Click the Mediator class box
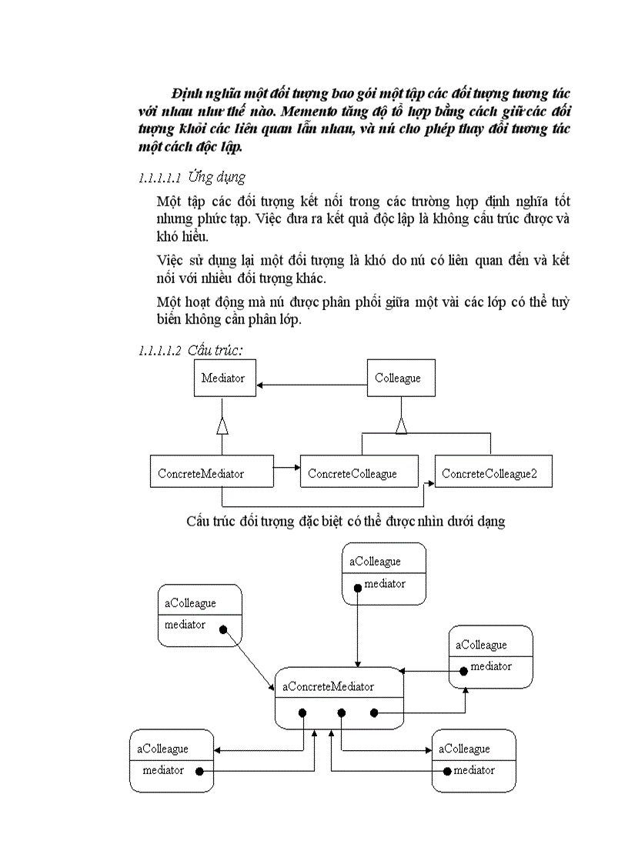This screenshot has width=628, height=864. coord(223,379)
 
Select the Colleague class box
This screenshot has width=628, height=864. coord(397,379)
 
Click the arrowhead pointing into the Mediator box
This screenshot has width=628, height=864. coord(262,385)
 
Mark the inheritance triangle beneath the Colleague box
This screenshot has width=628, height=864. coord(401,425)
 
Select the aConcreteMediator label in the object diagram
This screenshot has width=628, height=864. coord(329,686)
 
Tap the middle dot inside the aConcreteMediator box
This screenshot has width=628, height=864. coord(342,713)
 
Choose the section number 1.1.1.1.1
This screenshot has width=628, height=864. coord(159,178)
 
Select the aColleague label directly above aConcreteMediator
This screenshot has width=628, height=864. coord(375,562)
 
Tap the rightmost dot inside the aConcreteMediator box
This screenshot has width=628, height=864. coord(374,713)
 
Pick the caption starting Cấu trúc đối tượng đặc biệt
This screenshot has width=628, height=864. coord(345,521)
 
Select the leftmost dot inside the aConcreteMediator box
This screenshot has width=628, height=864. coord(305,713)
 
